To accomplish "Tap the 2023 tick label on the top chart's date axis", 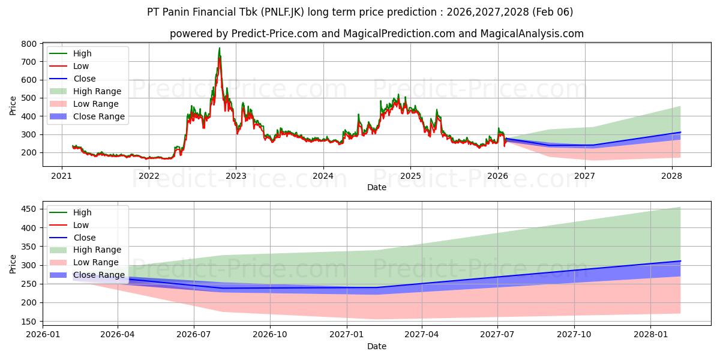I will pyautogui.click(x=236, y=176).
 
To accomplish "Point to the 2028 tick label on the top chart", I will pyautogui.click(x=671, y=176).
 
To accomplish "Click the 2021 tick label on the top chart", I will pyautogui.click(x=61, y=176).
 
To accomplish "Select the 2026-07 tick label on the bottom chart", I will pyautogui.click(x=194, y=335).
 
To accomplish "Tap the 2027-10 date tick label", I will pyautogui.click(x=574, y=335).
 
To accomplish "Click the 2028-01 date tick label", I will pyautogui.click(x=650, y=335).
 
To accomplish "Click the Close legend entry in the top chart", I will pyautogui.click(x=84, y=79).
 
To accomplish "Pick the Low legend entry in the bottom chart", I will pyautogui.click(x=81, y=225).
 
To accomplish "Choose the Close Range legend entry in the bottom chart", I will pyautogui.click(x=99, y=275).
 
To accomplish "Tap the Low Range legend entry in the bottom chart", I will pyautogui.click(x=96, y=262).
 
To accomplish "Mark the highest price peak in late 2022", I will pyautogui.click(x=219, y=48).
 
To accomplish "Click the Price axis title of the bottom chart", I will pyautogui.click(x=13, y=263).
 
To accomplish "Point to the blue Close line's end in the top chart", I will pyautogui.click(x=680, y=132).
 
